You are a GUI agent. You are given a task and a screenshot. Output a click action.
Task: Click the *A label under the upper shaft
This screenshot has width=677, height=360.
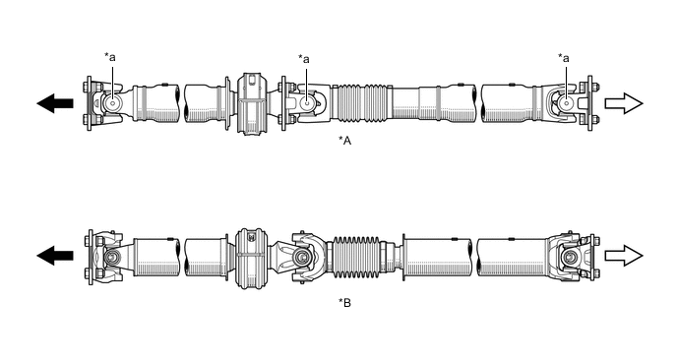point(344,141)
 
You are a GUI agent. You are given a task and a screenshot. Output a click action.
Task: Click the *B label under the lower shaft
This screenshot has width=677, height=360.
point(344,303)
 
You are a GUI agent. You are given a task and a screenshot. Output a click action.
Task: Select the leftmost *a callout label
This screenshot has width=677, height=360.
point(110,57)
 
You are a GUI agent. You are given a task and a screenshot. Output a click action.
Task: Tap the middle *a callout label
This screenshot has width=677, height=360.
point(304,59)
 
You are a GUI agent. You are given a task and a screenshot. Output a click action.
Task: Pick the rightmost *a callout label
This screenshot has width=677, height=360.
point(564,57)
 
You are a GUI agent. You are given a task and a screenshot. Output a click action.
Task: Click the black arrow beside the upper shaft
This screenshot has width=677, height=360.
point(55,103)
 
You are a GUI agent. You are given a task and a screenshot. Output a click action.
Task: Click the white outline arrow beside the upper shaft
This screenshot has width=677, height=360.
point(624,103)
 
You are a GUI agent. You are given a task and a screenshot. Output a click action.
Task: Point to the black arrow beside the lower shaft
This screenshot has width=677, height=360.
point(55,255)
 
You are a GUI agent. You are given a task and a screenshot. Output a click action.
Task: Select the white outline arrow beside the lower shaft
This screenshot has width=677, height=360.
point(624,256)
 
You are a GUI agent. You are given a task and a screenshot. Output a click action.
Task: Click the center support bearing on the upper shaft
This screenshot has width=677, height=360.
point(250,103)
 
